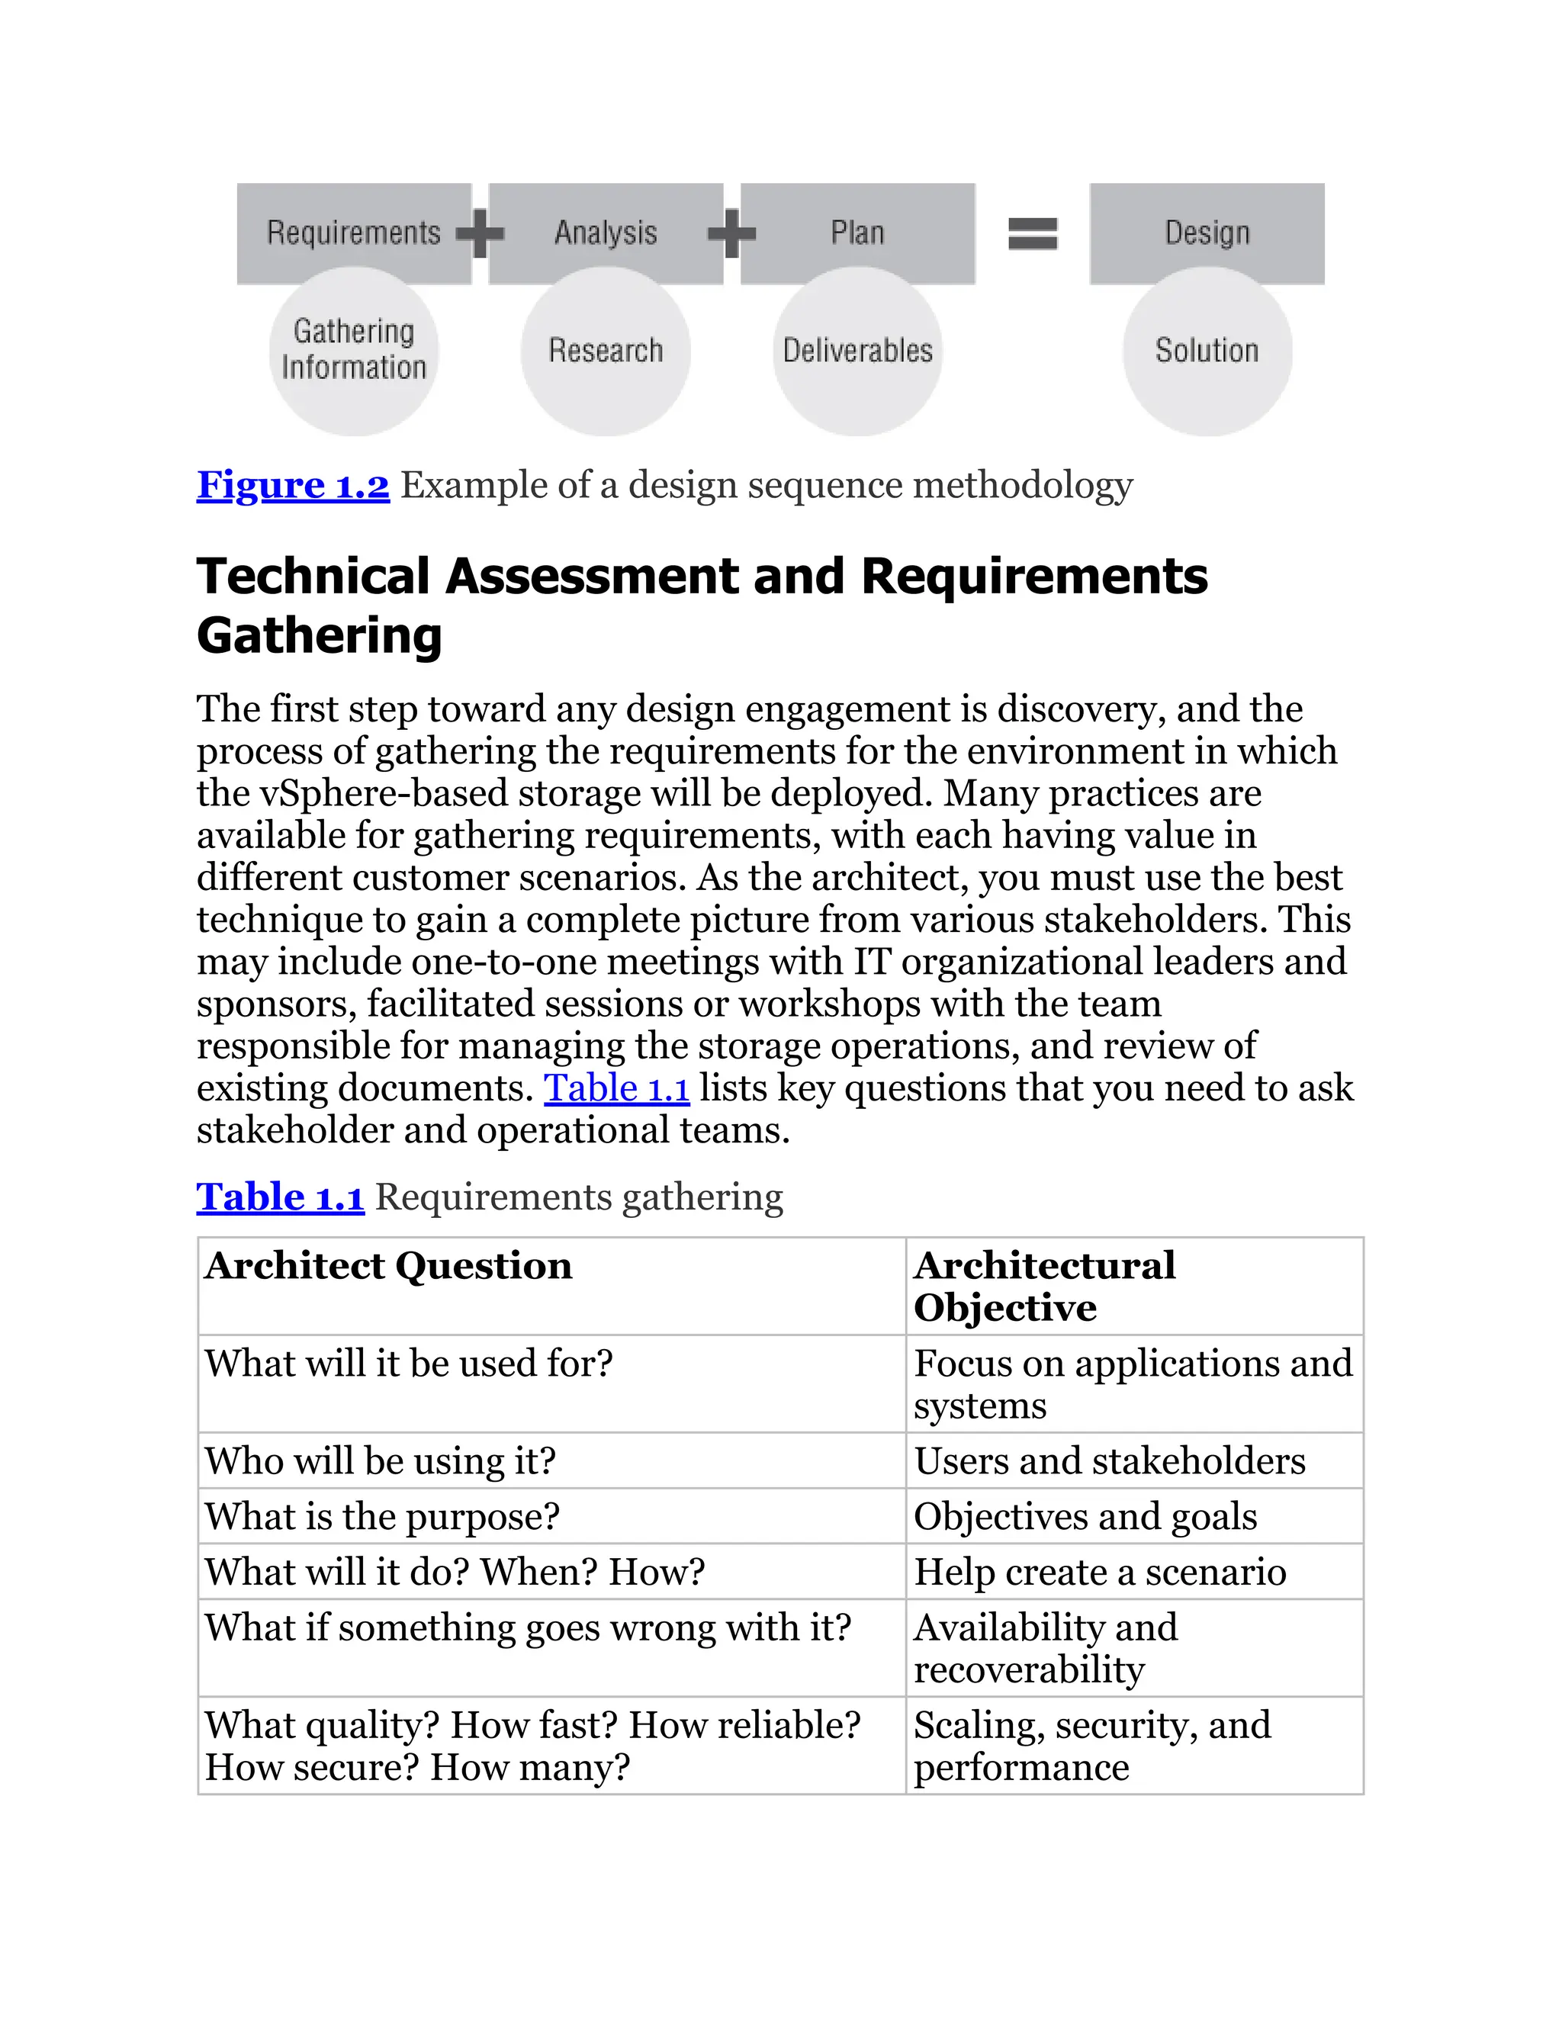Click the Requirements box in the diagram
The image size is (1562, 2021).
pyautogui.click(x=353, y=233)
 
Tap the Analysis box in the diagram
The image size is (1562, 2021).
pyautogui.click(x=605, y=233)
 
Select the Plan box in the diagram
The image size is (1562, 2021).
pyautogui.click(x=857, y=233)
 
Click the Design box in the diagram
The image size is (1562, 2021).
pyautogui.click(x=1207, y=233)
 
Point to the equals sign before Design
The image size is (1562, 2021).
pyautogui.click(x=1033, y=233)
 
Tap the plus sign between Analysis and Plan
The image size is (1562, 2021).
pyautogui.click(x=732, y=233)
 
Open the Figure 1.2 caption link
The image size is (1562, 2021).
pyautogui.click(x=292, y=486)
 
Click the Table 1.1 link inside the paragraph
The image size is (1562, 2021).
pyautogui.click(x=616, y=1088)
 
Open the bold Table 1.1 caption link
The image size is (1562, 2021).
pyautogui.click(x=281, y=1197)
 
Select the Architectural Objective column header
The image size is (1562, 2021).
pyautogui.click(x=1044, y=1287)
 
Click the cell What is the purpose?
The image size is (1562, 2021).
pyautogui.click(x=382, y=1517)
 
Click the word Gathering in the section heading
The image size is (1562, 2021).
pyautogui.click(x=320, y=637)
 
